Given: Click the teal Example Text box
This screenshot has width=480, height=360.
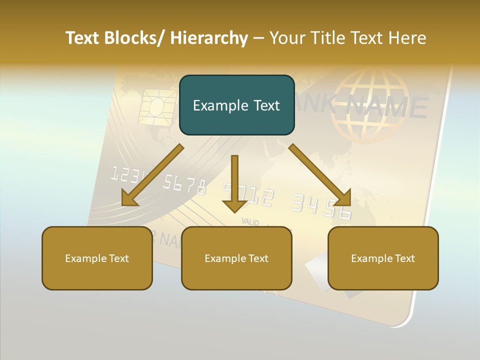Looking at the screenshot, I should [x=236, y=105].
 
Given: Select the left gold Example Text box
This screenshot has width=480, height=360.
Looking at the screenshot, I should [x=97, y=258].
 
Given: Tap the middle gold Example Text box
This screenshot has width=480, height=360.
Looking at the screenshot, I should [x=236, y=258].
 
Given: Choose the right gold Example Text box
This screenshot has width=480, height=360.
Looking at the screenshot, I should [x=383, y=258].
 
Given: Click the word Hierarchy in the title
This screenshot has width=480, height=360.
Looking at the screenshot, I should [x=209, y=38].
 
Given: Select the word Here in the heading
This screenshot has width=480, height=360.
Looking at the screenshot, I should [x=408, y=38].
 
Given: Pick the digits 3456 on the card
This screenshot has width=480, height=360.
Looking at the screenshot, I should [x=321, y=206].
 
